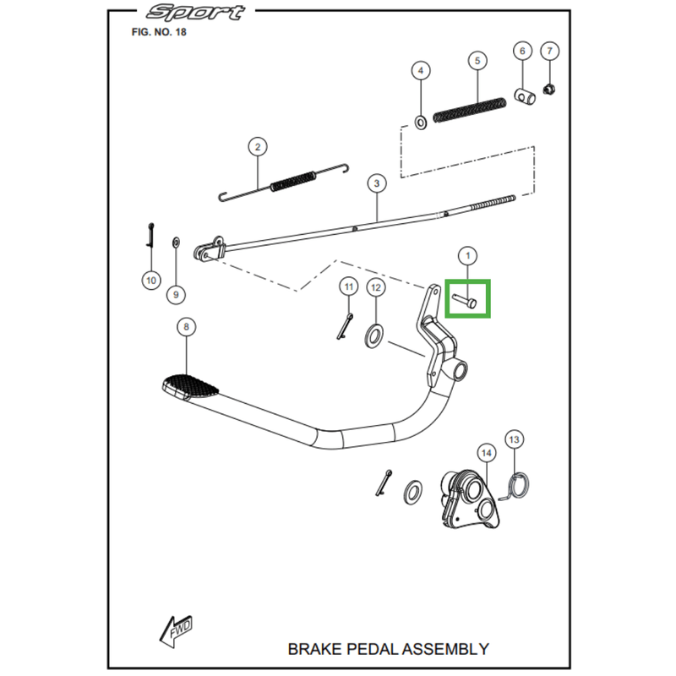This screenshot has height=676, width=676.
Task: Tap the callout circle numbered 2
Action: coord(258,147)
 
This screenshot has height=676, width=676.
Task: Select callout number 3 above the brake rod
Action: coord(376,183)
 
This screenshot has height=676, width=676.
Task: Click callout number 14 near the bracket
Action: coord(485,453)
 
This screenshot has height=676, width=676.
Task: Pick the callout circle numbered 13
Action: coord(515,439)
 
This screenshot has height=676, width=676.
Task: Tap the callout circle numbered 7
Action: coord(548,51)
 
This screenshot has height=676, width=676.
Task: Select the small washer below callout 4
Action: coord(420,123)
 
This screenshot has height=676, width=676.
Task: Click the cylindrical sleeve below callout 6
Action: coord(523,93)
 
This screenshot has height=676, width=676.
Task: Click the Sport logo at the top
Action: coord(195,13)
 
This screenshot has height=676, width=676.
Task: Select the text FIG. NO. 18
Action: coord(159,32)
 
